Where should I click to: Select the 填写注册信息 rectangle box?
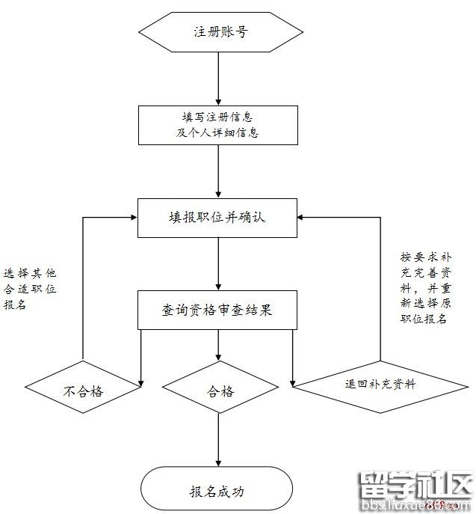point(217,124)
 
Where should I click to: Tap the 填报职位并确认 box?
point(217,217)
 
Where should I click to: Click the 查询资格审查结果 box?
point(217,309)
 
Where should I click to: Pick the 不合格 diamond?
point(82,391)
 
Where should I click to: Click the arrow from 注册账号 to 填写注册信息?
point(217,79)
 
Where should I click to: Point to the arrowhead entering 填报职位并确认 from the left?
point(132,217)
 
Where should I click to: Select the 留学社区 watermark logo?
point(415,488)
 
